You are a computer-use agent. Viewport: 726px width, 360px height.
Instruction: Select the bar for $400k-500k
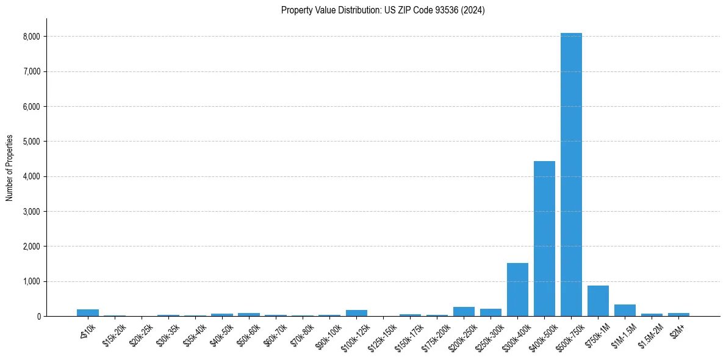(544, 239)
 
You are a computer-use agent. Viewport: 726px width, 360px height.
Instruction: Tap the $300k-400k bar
(517, 289)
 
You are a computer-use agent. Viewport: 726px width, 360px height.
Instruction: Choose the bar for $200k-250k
(464, 311)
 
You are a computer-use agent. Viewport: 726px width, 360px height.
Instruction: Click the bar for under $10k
(88, 312)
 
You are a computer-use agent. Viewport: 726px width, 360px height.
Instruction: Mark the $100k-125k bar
(356, 313)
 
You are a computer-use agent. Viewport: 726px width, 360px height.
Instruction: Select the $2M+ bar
(678, 314)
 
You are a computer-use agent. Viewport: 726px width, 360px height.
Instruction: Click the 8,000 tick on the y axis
(31, 37)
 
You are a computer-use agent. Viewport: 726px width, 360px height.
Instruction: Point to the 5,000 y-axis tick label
(31, 142)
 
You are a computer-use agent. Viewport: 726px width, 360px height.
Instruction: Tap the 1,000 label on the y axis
(31, 281)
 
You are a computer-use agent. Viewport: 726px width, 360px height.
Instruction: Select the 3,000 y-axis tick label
(31, 212)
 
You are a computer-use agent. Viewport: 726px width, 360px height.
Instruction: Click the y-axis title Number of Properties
(9, 168)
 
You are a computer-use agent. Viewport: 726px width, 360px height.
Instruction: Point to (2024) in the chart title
(473, 10)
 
